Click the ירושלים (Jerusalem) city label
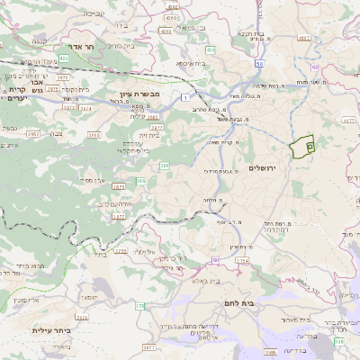click(x=264, y=168)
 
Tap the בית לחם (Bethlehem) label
click(x=261, y=304)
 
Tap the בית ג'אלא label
click(x=206, y=280)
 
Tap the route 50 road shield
click(x=259, y=64)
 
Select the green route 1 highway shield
click(x=185, y=96)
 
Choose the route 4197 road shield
click(x=304, y=39)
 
